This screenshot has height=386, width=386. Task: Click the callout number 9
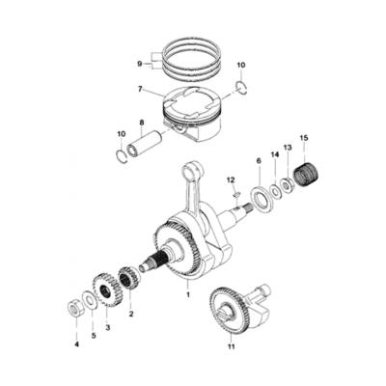[141, 64]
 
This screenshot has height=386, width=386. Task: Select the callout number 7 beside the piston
[141, 89]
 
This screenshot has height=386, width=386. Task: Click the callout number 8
[142, 123]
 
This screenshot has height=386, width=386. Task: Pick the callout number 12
[232, 180]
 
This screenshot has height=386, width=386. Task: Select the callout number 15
[304, 140]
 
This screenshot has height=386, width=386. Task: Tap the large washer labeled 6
[259, 203]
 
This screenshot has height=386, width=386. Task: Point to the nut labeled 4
[73, 308]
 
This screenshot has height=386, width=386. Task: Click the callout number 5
[93, 336]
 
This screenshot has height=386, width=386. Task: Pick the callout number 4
[76, 344]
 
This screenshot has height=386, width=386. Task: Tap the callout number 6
[258, 160]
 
